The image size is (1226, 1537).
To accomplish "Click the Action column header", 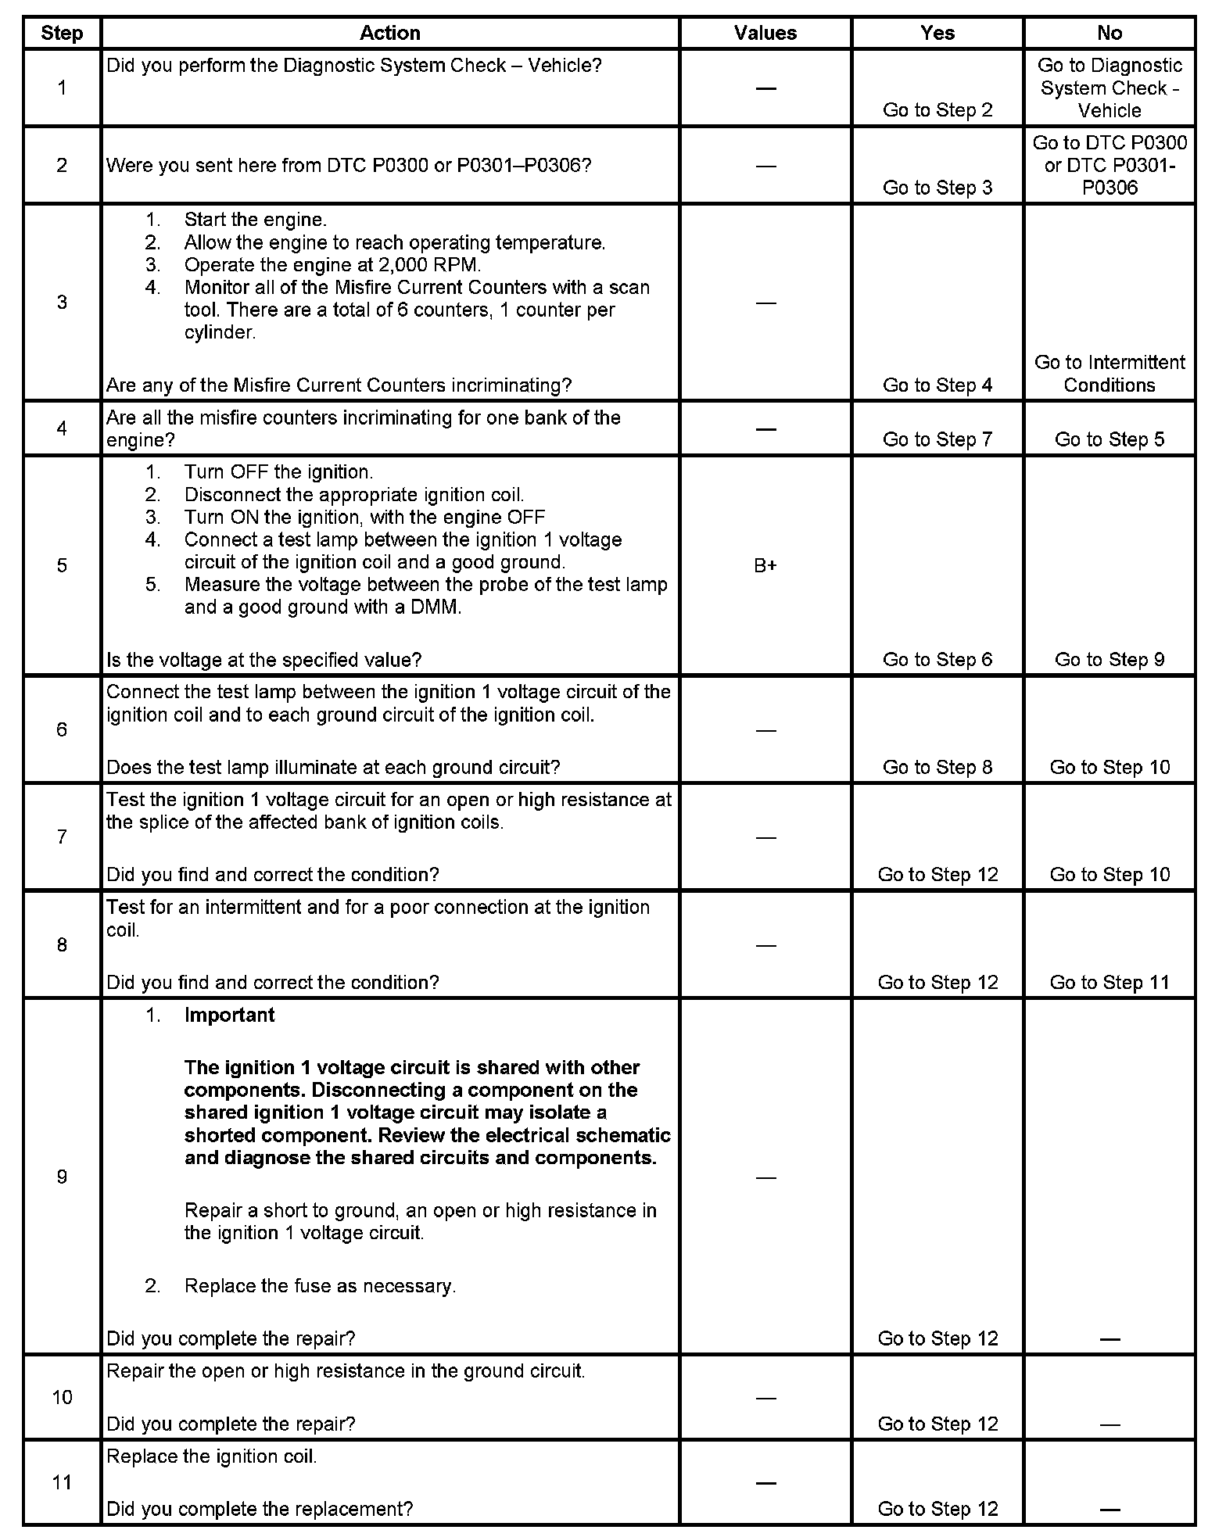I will [389, 33].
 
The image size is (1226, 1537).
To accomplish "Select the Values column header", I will [765, 33].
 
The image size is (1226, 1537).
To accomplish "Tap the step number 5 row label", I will [62, 565].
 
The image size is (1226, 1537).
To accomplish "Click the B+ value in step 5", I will [765, 565].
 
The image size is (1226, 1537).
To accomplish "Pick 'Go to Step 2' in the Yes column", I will [937, 110].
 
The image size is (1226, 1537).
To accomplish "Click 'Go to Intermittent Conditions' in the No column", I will [1109, 374].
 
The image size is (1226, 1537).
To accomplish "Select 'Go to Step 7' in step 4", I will [937, 439].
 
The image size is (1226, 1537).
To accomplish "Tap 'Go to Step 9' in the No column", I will [1109, 660].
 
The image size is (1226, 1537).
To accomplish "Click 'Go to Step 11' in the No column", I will [1109, 983].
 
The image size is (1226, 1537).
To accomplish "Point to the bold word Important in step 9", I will [229, 1015].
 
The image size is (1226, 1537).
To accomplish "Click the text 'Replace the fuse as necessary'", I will [320, 1286].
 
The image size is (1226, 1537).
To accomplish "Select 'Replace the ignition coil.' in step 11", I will [212, 1456].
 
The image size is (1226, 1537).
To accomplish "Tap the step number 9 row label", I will [62, 1177].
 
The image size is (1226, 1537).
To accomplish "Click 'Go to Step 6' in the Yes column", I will [937, 660].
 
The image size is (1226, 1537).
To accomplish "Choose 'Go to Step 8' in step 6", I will [937, 768].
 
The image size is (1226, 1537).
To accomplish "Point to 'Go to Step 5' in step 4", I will [1109, 439].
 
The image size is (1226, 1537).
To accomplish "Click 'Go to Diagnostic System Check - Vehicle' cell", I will [1109, 88].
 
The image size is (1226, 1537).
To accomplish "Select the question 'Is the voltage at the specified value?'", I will [263, 660].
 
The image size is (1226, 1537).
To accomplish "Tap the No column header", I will [1109, 33].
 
